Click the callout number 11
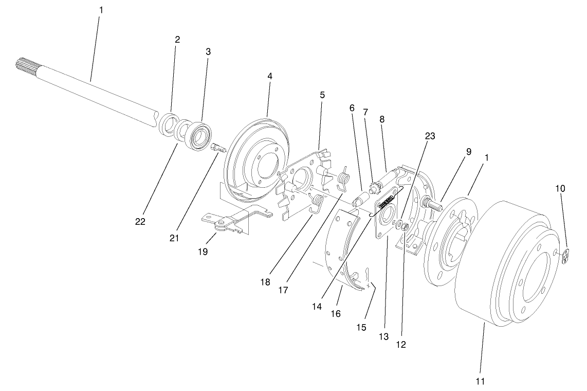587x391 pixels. tap(480, 381)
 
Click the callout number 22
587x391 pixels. tap(140, 222)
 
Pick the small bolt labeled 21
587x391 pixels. tap(218, 148)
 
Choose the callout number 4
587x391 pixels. tap(269, 76)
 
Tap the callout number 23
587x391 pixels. tap(430, 136)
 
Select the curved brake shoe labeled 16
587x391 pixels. tap(339, 257)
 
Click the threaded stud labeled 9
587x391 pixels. tap(431, 205)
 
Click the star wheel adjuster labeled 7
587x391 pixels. tap(373, 181)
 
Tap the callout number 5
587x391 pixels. tap(322, 95)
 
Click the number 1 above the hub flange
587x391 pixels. tap(486, 157)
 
